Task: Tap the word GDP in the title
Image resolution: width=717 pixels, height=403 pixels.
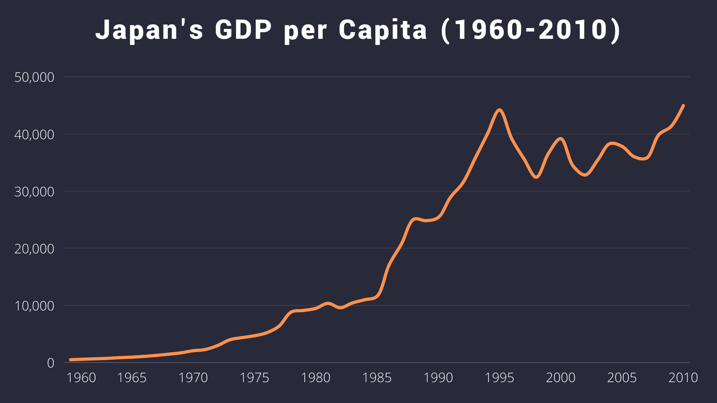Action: tap(243, 30)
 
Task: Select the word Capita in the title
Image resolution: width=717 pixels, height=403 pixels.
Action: tap(382, 30)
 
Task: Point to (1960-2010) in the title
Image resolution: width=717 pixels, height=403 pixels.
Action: tap(531, 30)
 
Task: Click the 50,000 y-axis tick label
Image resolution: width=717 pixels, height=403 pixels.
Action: tap(34, 77)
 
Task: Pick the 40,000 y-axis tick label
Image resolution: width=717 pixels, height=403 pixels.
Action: tap(34, 135)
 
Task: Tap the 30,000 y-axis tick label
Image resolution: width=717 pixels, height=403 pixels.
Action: tap(34, 192)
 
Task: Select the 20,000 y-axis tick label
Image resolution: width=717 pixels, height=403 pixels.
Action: tap(34, 249)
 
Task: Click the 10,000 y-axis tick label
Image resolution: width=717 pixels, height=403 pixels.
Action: tap(34, 306)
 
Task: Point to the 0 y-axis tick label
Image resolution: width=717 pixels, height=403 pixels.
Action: tap(50, 363)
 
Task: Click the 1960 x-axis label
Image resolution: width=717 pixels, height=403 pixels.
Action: tap(81, 378)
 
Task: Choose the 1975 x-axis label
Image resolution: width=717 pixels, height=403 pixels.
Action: tap(254, 378)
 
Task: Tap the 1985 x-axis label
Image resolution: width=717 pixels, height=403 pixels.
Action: tap(377, 378)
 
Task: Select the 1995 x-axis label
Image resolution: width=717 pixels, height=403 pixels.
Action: tap(499, 378)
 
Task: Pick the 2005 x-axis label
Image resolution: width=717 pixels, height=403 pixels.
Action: tap(622, 378)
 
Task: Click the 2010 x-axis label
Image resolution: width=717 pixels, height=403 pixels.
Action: tap(683, 378)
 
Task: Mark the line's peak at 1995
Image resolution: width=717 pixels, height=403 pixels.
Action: tap(500, 110)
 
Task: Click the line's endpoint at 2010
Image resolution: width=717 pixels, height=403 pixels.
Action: tap(683, 106)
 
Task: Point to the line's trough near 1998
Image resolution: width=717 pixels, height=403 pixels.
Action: tap(536, 177)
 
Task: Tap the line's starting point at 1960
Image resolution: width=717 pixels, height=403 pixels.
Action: tap(71, 360)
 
